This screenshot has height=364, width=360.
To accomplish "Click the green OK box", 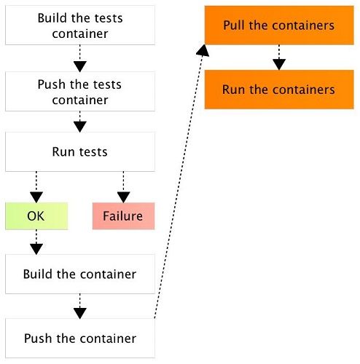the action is (x=36, y=216).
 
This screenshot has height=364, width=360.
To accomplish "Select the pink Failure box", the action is (x=123, y=216).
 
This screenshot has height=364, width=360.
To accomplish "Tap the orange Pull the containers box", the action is (x=279, y=25).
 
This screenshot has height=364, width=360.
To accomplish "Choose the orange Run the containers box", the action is (x=279, y=90).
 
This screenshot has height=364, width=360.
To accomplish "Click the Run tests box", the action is (x=80, y=152).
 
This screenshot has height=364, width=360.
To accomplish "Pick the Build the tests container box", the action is (x=80, y=25).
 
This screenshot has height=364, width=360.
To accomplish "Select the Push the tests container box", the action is (x=80, y=92).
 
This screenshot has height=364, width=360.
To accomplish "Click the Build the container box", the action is (x=80, y=274).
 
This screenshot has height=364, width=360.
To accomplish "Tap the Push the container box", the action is (x=80, y=339).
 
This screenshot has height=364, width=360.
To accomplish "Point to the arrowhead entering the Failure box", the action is (x=123, y=197).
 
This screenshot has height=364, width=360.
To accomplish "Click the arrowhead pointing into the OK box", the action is (x=36, y=197).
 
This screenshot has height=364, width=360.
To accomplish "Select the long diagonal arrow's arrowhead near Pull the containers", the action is (x=203, y=50).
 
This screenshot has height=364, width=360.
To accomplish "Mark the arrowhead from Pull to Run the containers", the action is (x=279, y=65).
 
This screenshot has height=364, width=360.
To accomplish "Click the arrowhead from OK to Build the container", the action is (x=36, y=249).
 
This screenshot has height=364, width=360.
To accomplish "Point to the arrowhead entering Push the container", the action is (x=80, y=314).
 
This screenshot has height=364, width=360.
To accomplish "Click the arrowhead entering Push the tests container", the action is (x=80, y=67).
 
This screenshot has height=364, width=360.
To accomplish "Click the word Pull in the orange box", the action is (x=233, y=25).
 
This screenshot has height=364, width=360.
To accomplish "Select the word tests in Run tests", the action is (x=93, y=152).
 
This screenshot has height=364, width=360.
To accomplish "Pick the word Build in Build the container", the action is (x=38, y=274).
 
